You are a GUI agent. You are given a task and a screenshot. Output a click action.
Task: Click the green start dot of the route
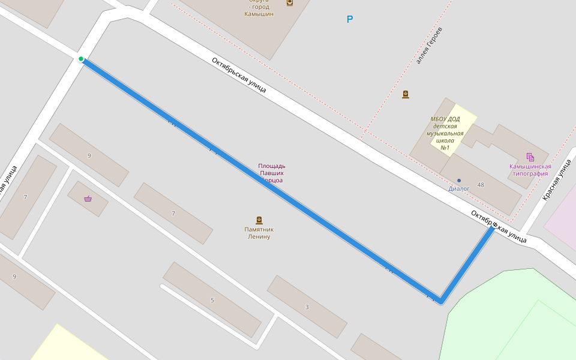(81, 59)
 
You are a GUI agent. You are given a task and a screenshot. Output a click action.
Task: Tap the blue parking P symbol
(350, 20)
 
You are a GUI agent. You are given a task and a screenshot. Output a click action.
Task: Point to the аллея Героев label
(429, 46)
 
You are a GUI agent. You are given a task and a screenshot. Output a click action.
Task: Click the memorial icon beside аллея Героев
(406, 94)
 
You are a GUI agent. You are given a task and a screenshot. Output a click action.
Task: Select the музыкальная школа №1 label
(445, 133)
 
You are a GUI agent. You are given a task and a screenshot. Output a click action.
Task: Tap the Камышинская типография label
(530, 170)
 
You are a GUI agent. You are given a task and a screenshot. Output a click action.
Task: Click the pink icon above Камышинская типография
(530, 157)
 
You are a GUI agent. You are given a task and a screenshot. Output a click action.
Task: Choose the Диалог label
(459, 188)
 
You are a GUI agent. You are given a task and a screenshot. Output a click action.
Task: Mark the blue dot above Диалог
(459, 180)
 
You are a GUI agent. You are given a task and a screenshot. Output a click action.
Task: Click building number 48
(481, 184)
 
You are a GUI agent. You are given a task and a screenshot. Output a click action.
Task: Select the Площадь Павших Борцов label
(271, 173)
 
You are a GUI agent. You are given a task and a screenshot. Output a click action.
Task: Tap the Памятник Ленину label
(259, 233)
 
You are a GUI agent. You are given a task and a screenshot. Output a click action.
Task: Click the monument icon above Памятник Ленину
(259, 220)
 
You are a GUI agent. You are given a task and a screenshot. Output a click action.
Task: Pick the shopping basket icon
(88, 199)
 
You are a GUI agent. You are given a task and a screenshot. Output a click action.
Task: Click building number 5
(212, 300)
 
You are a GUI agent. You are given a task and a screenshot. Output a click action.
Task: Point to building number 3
(307, 307)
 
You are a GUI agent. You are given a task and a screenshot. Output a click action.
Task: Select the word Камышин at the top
(259, 13)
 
